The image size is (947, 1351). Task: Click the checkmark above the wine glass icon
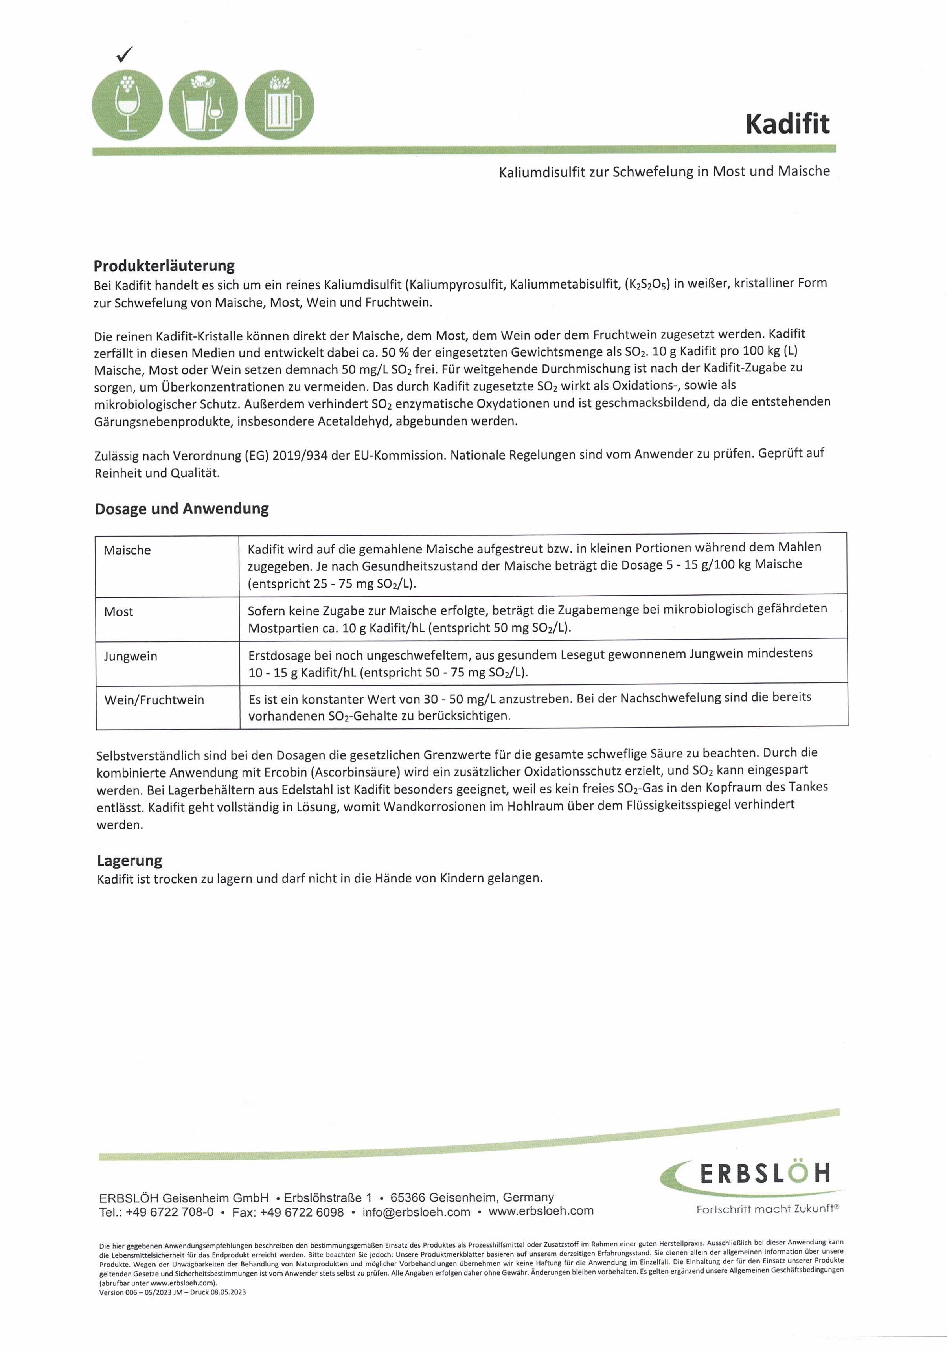click(124, 55)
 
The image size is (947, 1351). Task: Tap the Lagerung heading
click(129, 860)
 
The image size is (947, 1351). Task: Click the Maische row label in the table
click(127, 550)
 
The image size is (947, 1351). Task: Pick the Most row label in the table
click(118, 612)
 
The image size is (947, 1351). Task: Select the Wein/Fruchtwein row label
click(154, 700)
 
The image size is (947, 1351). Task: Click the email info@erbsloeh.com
click(416, 1211)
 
